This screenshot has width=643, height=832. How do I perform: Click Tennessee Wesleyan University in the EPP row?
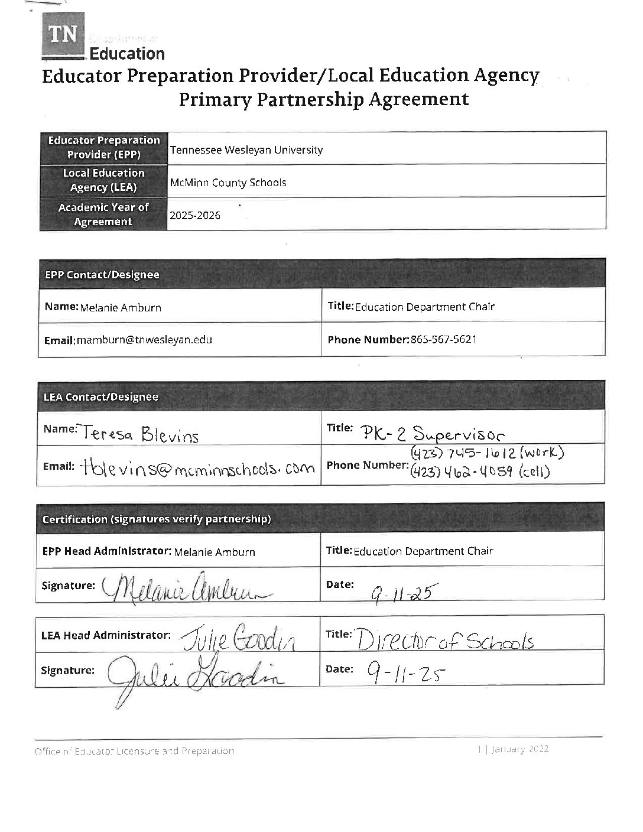click(x=246, y=150)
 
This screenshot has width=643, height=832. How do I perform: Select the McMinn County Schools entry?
click(x=228, y=183)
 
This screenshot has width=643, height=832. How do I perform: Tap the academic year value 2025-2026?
click(x=195, y=216)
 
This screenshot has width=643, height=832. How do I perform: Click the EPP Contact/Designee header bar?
click(x=322, y=275)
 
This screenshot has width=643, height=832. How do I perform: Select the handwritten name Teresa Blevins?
click(x=141, y=435)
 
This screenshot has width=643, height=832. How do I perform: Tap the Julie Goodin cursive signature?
click(x=192, y=675)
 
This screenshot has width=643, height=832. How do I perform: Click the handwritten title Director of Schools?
click(x=446, y=640)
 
